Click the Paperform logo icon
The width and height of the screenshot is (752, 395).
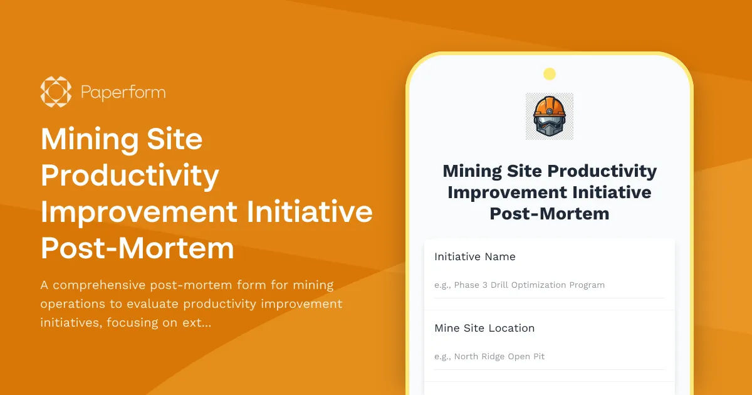[x=56, y=92]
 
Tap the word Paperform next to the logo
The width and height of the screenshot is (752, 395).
[x=123, y=93]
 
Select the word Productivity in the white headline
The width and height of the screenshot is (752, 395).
[x=130, y=176]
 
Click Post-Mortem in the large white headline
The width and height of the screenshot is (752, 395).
[x=137, y=248]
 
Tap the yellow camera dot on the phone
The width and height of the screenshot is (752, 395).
[x=550, y=74]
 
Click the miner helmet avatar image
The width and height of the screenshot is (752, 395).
[x=550, y=117]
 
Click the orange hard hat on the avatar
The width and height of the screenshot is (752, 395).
[x=550, y=105]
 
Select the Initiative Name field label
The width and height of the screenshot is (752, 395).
[x=474, y=256]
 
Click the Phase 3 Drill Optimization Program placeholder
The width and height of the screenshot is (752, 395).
[x=520, y=285]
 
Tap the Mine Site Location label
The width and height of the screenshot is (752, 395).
[x=484, y=328]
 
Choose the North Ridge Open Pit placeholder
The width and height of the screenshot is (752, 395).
[x=489, y=356]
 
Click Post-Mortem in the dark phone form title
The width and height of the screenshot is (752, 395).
[x=550, y=213]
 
